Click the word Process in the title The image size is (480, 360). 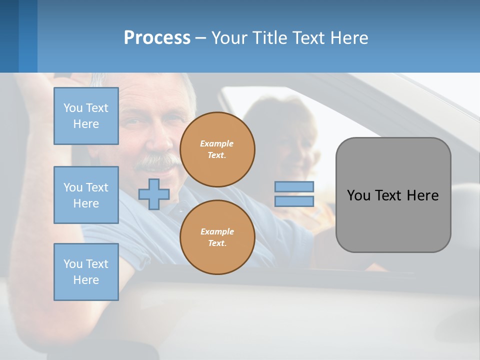[x=157, y=38]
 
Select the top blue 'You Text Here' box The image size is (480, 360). [x=86, y=116]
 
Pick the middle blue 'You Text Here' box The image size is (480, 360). [x=86, y=195]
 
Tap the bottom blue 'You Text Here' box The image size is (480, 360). [x=86, y=272]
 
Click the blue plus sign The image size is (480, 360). [x=154, y=194]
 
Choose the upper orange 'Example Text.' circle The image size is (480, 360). [x=217, y=149]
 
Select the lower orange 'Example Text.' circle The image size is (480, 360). [x=217, y=237]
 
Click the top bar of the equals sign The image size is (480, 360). [x=294, y=186]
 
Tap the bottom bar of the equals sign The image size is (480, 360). [x=294, y=201]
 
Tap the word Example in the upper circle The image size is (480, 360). [x=216, y=143]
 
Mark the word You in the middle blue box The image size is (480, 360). [x=72, y=187]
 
